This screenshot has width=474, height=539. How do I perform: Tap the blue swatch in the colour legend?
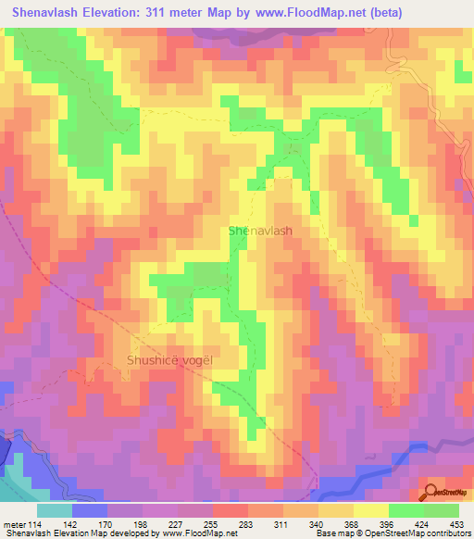(90, 509)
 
